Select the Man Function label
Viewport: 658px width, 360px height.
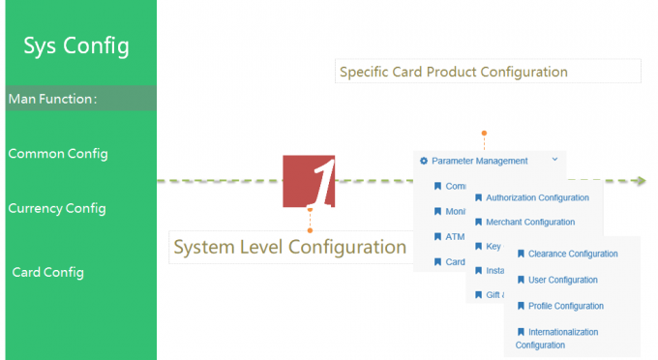52,98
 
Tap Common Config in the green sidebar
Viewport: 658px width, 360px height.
58,154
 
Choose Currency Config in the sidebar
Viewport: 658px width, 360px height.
57,208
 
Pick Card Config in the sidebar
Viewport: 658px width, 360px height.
48,272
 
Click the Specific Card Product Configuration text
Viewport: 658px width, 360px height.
453,72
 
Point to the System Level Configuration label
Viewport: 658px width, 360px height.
289,247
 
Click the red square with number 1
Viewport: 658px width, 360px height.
309,180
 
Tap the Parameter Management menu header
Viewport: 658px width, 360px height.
479,161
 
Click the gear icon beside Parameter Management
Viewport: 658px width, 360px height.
424,161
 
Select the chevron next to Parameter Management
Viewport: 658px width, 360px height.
554,159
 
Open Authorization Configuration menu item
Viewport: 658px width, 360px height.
537,197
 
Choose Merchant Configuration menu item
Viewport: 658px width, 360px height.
530,223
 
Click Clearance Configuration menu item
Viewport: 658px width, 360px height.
573,255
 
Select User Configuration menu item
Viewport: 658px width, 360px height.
562,281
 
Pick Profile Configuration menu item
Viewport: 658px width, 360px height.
565,307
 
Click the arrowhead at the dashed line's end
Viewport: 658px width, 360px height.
641,181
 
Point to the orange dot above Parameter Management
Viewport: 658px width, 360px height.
484,133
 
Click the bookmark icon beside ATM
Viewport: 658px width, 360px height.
437,237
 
